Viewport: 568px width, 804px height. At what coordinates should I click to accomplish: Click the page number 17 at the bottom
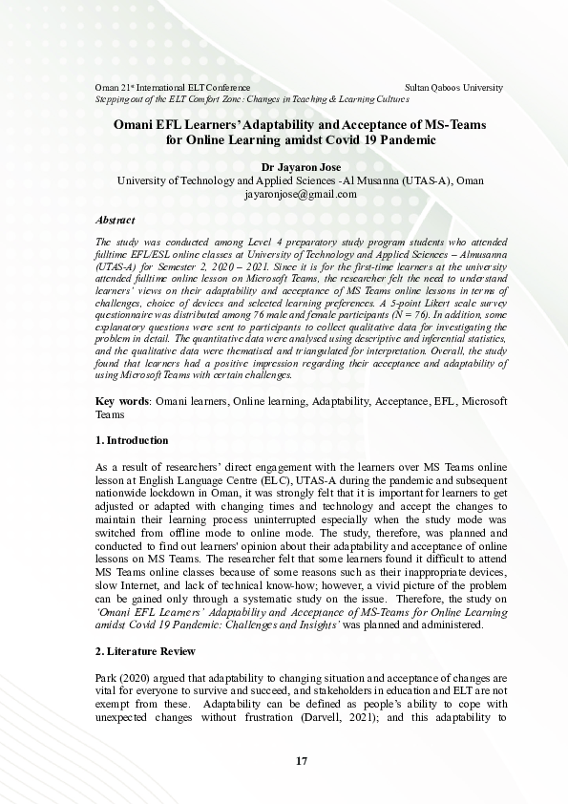tap(301, 761)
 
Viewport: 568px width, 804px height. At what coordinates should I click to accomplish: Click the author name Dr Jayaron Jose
tap(301, 166)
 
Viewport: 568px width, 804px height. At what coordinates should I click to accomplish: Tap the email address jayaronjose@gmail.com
tap(301, 194)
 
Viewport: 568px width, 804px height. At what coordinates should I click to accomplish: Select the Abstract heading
tap(116, 221)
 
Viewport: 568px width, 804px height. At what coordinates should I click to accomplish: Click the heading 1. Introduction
tap(133, 440)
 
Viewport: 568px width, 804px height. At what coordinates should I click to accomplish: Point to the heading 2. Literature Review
tap(146, 651)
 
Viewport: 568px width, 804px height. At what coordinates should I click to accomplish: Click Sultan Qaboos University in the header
tap(454, 87)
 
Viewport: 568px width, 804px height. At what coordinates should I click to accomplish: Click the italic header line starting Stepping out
tap(252, 98)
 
